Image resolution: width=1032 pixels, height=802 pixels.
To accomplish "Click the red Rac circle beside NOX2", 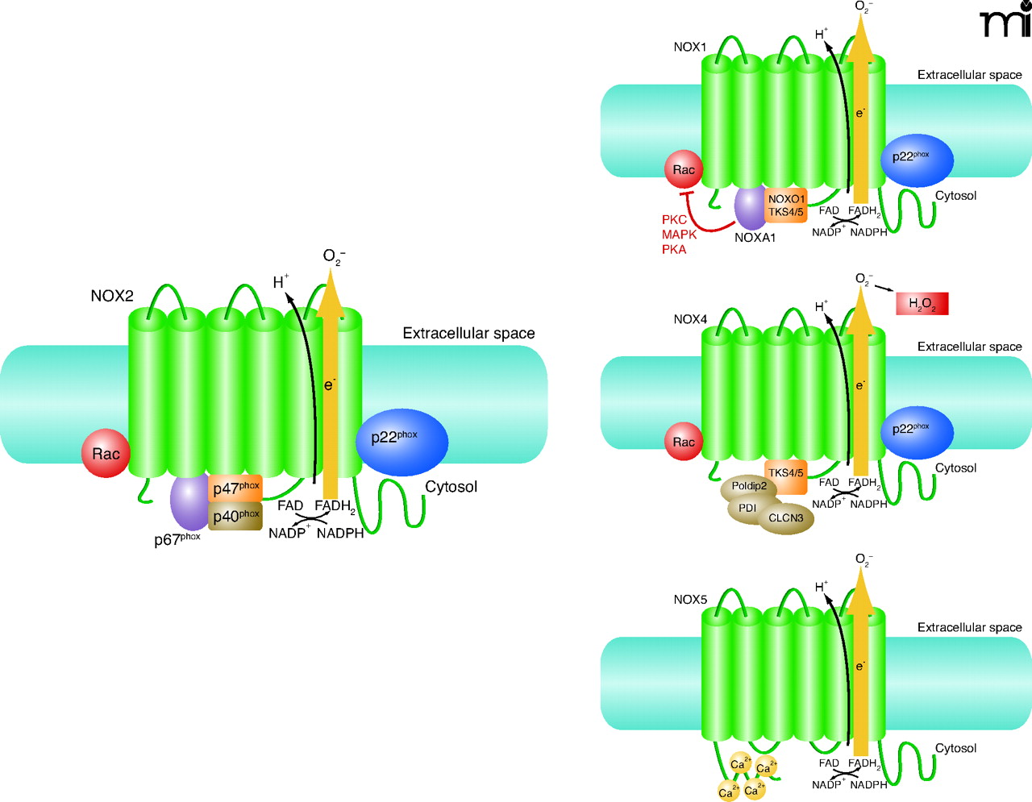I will click(106, 454).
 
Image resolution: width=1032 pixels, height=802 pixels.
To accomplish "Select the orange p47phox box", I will click(235, 488).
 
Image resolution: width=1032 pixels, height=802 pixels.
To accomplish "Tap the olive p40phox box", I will click(235, 516).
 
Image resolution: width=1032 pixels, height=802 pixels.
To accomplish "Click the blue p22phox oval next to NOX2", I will click(402, 441).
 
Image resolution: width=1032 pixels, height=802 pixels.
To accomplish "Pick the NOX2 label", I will click(112, 296).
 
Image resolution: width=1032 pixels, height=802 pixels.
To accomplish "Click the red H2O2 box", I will click(922, 304).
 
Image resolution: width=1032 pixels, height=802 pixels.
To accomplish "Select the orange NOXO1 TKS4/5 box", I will click(786, 206).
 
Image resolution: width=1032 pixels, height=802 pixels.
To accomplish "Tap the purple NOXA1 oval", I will click(750, 209).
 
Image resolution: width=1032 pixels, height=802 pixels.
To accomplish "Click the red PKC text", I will click(674, 219).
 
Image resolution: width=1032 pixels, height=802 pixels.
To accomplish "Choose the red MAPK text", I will click(679, 235).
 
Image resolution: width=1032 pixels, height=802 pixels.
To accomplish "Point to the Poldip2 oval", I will click(748, 487).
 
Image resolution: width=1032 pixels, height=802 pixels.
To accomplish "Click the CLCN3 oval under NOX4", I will click(785, 518).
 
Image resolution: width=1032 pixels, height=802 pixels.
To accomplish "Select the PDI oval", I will click(747, 508).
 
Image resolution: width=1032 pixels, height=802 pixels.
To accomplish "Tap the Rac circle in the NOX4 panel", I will click(684, 442).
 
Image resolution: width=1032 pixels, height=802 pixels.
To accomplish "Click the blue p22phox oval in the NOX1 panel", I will click(918, 160).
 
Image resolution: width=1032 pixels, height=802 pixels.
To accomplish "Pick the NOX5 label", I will click(690, 600).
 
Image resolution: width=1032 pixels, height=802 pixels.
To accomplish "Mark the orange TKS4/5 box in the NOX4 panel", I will click(785, 473).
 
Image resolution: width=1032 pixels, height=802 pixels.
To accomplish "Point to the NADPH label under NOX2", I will click(340, 533).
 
